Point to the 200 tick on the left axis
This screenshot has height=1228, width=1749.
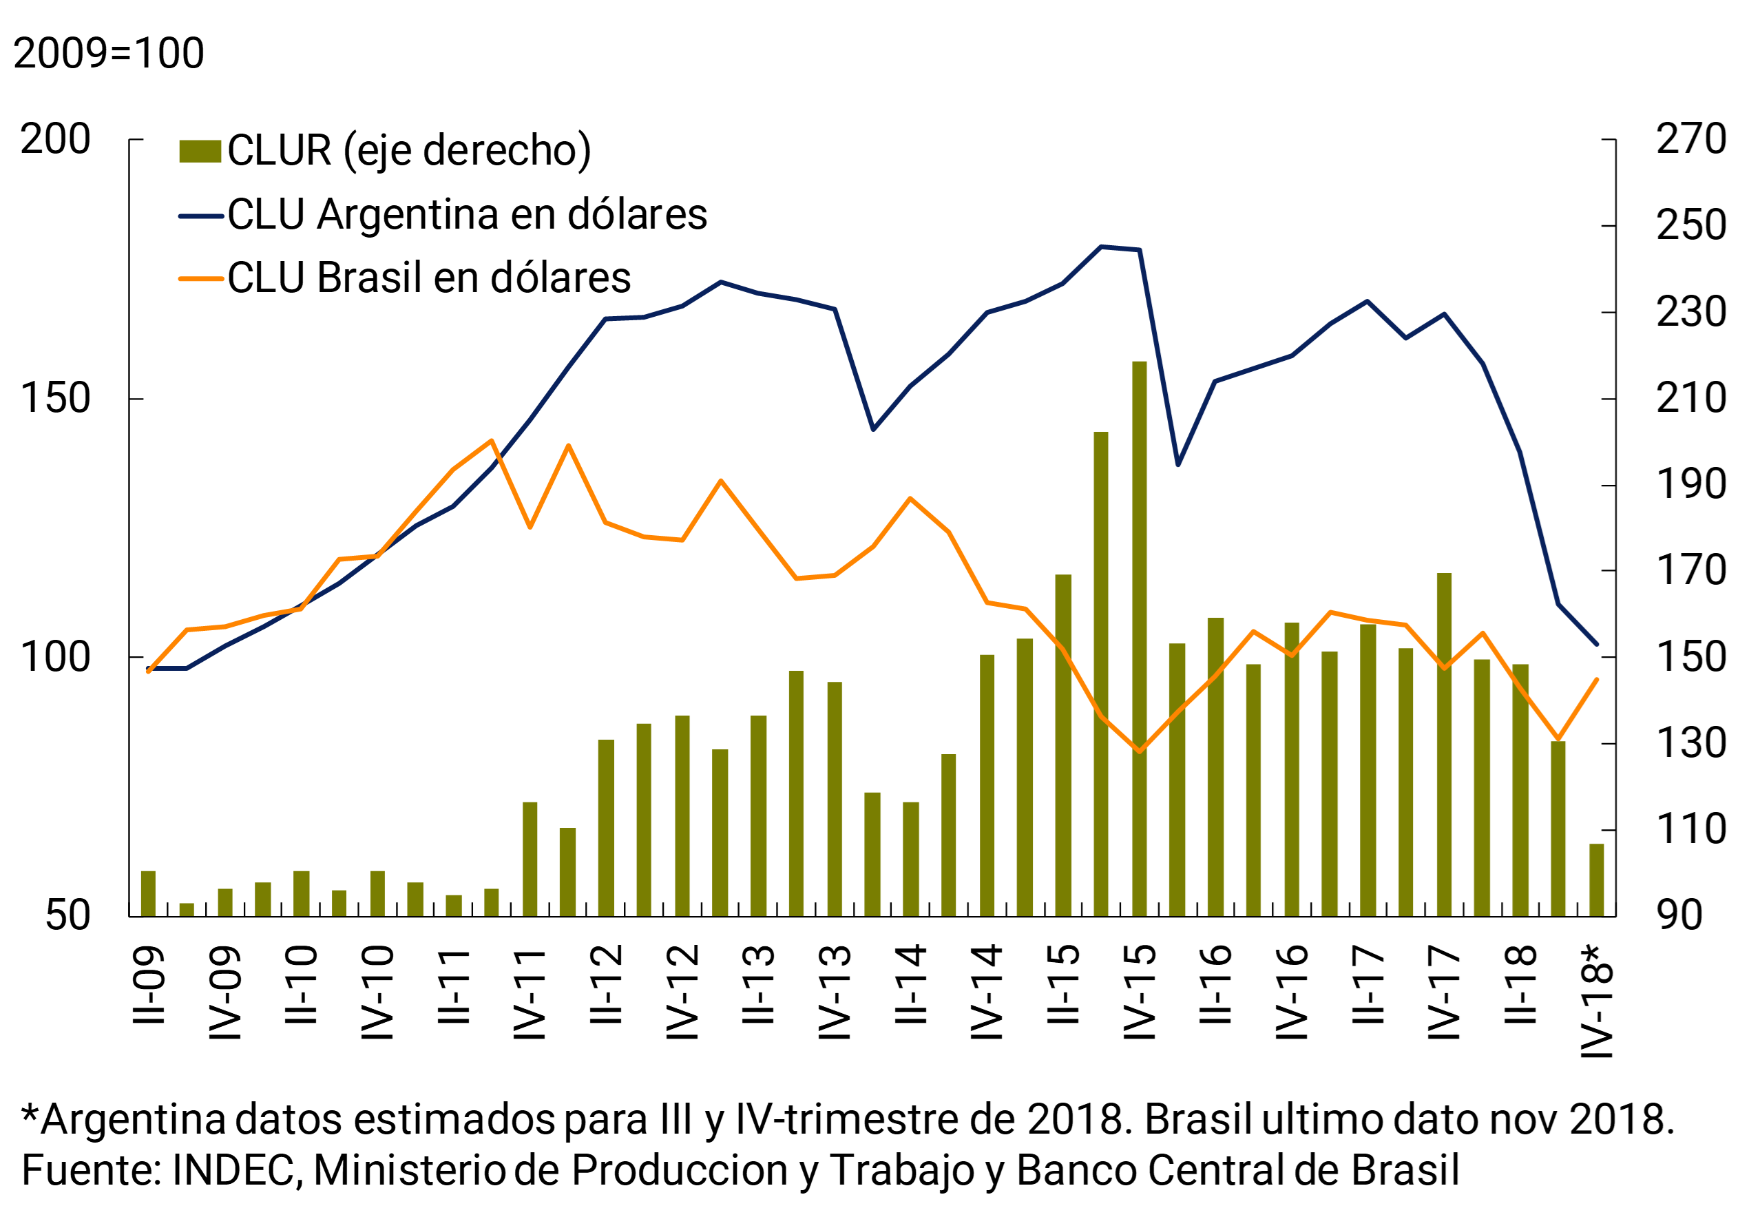point(56,139)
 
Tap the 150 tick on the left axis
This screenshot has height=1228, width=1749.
point(56,398)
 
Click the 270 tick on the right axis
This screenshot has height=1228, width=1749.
point(1690,139)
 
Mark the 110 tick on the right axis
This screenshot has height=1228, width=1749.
point(1690,830)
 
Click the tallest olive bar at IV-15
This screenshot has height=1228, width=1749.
point(1139,640)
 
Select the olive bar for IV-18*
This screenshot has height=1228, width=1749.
point(1596,881)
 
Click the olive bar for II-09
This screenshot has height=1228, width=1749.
point(149,893)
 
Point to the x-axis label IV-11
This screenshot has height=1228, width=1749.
point(530,994)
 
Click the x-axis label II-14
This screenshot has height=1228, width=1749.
point(911,984)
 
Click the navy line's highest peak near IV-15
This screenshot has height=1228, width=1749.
point(1102,247)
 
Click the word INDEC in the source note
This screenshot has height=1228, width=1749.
point(233,1170)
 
